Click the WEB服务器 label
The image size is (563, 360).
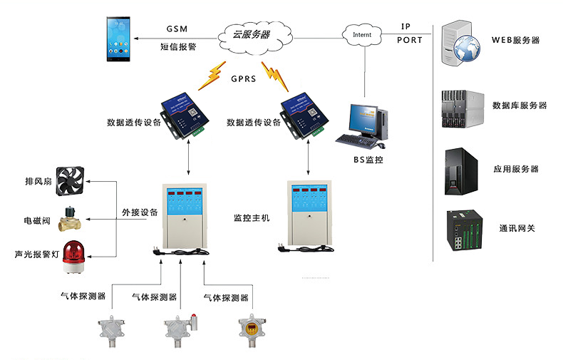515,40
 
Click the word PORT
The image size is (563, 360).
410,41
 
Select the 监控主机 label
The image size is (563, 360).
252,217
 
